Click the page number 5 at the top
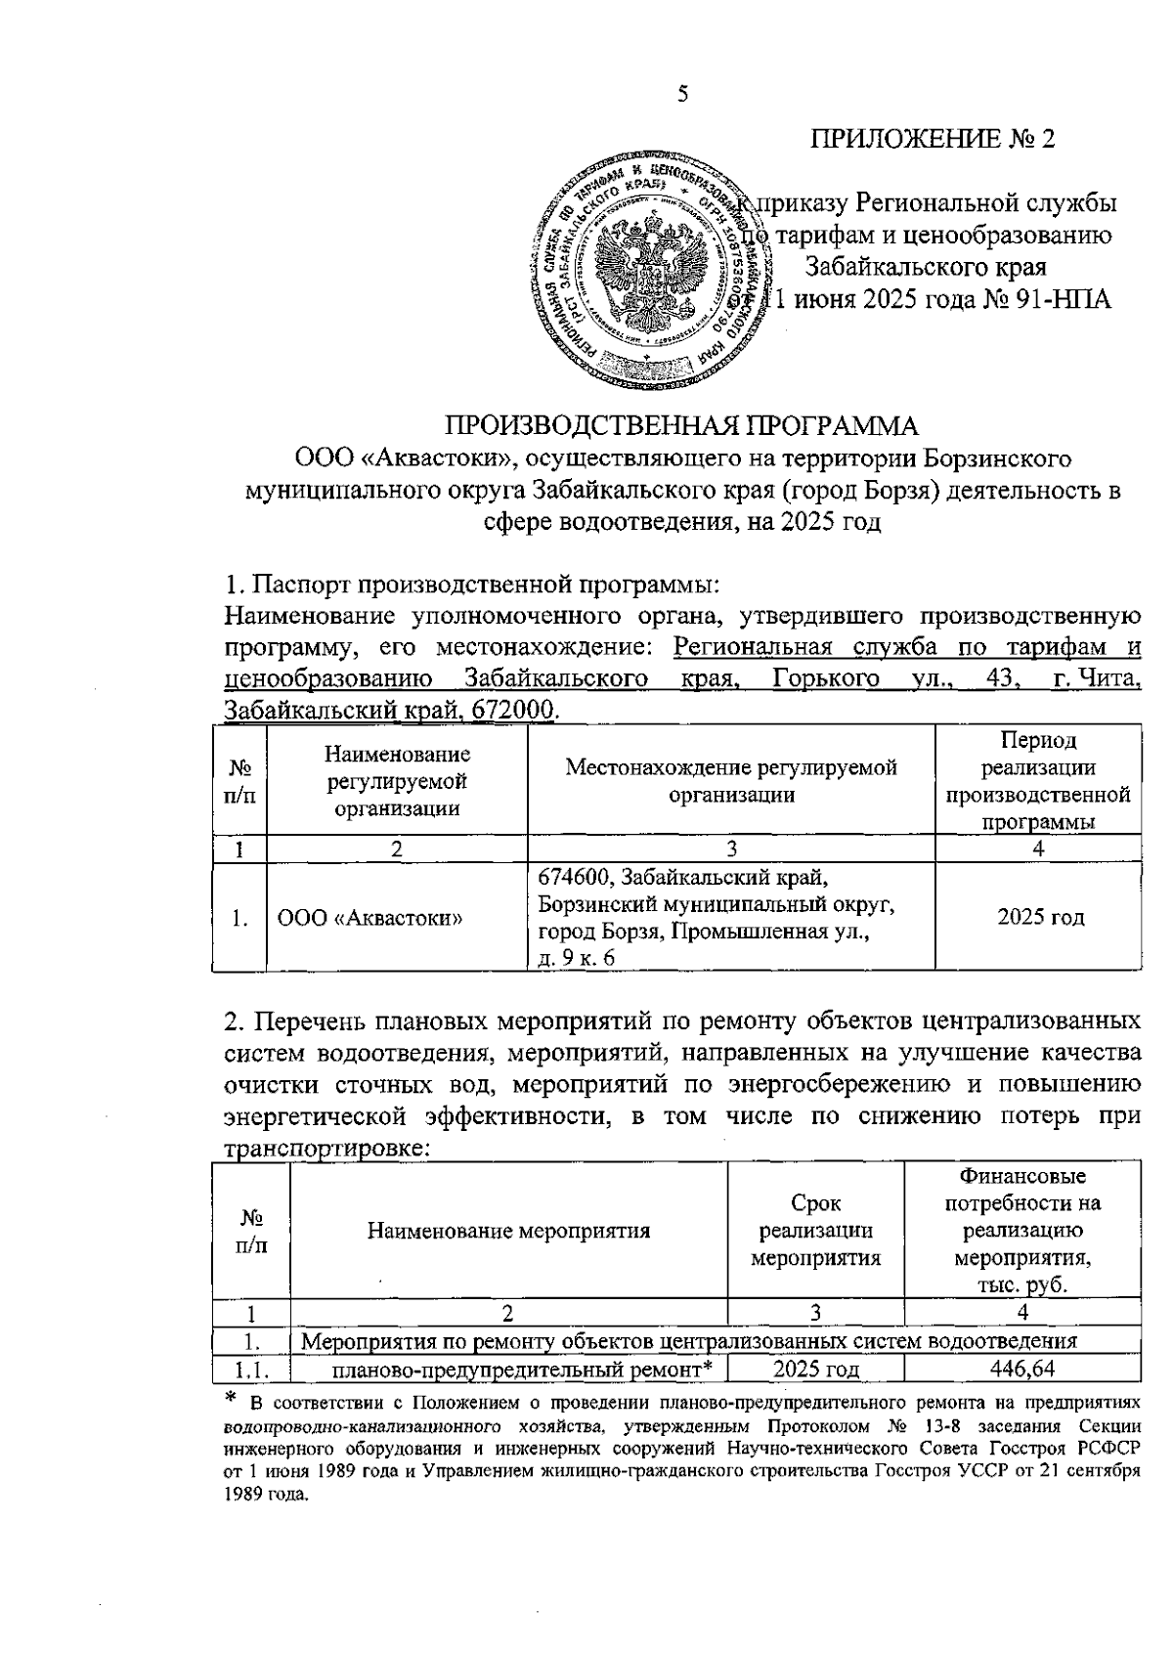682,94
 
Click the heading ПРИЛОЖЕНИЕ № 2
933,139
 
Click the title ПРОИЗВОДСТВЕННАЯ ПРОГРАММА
682,426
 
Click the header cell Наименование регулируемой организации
397,781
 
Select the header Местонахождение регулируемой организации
730,781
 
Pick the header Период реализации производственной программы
1038,781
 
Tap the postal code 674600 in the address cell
573,874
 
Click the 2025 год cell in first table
1039,917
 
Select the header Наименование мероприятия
508,1231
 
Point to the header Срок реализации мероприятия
815,1231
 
